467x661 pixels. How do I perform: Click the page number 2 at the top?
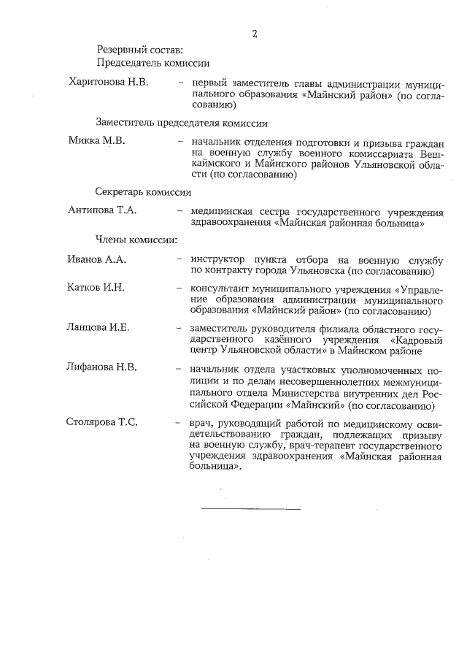(255, 34)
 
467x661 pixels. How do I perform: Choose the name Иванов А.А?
(96, 259)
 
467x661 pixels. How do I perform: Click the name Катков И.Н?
(96, 287)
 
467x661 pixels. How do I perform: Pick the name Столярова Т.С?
(103, 422)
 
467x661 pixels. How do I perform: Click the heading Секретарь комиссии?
(143, 192)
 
